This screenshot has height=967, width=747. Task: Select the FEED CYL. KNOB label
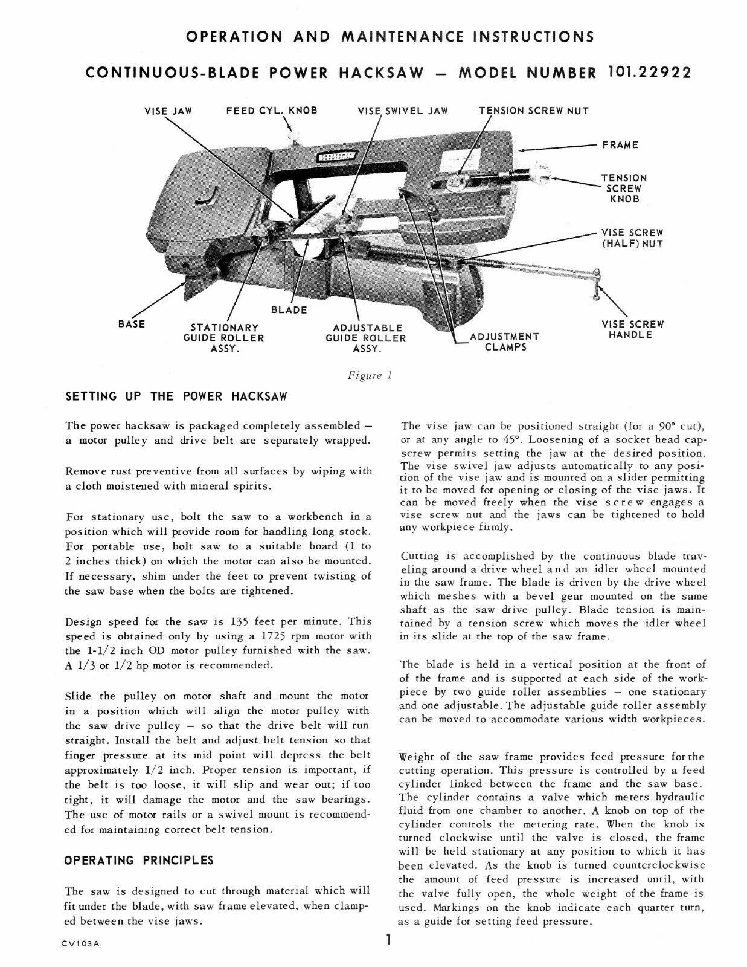[271, 111]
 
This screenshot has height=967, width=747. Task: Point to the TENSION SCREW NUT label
[533, 111]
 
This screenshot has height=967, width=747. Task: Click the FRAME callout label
[620, 145]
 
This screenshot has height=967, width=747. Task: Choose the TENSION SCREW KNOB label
[624, 189]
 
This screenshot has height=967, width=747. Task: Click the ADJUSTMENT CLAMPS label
[504, 341]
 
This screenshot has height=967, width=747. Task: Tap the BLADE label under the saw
[289, 310]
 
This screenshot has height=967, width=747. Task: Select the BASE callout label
[132, 324]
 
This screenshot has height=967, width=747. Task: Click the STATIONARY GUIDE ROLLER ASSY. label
[224, 338]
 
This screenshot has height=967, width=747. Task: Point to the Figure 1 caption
[370, 375]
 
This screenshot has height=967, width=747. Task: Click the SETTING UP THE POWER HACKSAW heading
[176, 397]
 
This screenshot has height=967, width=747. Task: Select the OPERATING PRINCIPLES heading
[139, 859]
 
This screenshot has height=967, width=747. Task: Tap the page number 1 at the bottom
[390, 940]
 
